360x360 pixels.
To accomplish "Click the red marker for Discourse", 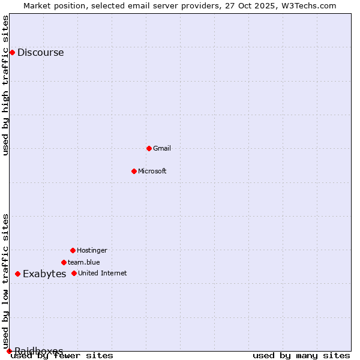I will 12,52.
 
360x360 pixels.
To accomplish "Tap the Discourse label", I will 40,52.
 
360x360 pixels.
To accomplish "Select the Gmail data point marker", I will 149,148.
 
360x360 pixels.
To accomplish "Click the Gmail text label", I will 162,148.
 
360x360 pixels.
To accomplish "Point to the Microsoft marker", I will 134,171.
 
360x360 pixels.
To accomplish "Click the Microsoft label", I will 152,171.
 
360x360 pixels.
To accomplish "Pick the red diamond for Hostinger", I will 73,250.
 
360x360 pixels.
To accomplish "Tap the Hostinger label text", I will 92,250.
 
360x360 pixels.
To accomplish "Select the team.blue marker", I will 64,262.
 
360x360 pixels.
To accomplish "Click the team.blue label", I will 83,262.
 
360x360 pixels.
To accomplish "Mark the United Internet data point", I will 74,273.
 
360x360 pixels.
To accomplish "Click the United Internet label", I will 102,273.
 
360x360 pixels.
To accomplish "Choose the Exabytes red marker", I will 17,274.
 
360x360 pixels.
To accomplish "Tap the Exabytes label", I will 44,274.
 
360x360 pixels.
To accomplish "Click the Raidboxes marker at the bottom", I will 9,351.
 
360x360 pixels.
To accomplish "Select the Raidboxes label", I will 38,350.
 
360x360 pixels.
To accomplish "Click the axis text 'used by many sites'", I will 301,356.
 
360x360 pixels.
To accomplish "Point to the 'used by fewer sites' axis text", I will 62,356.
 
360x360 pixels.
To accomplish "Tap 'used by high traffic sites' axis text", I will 5,85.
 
